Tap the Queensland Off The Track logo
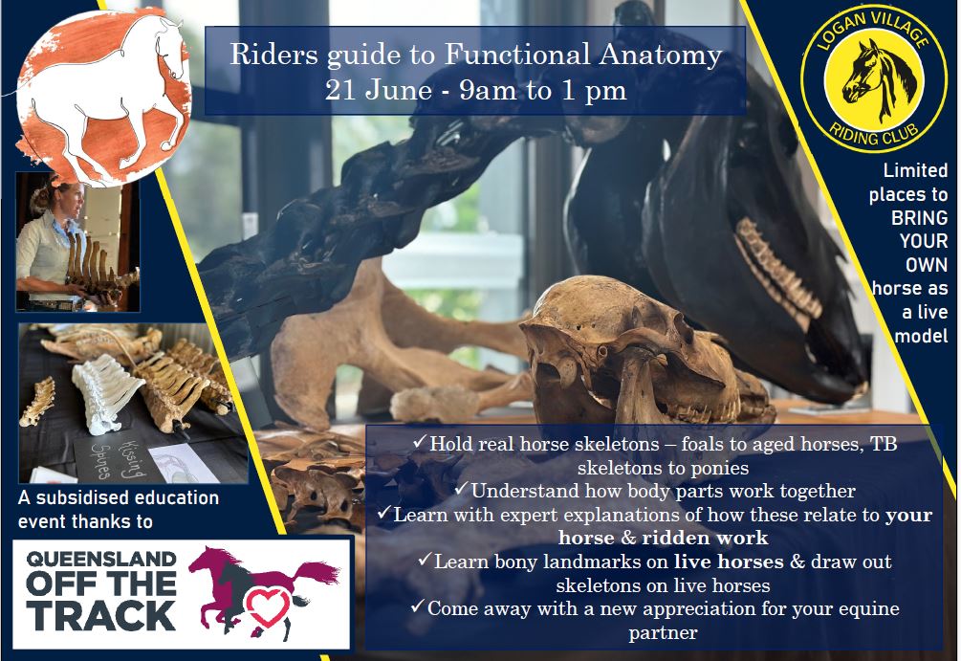(182, 594)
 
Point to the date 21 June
(379, 90)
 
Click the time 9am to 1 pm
(543, 91)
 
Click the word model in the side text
(921, 336)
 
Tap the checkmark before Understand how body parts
(461, 489)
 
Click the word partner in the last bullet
(664, 633)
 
